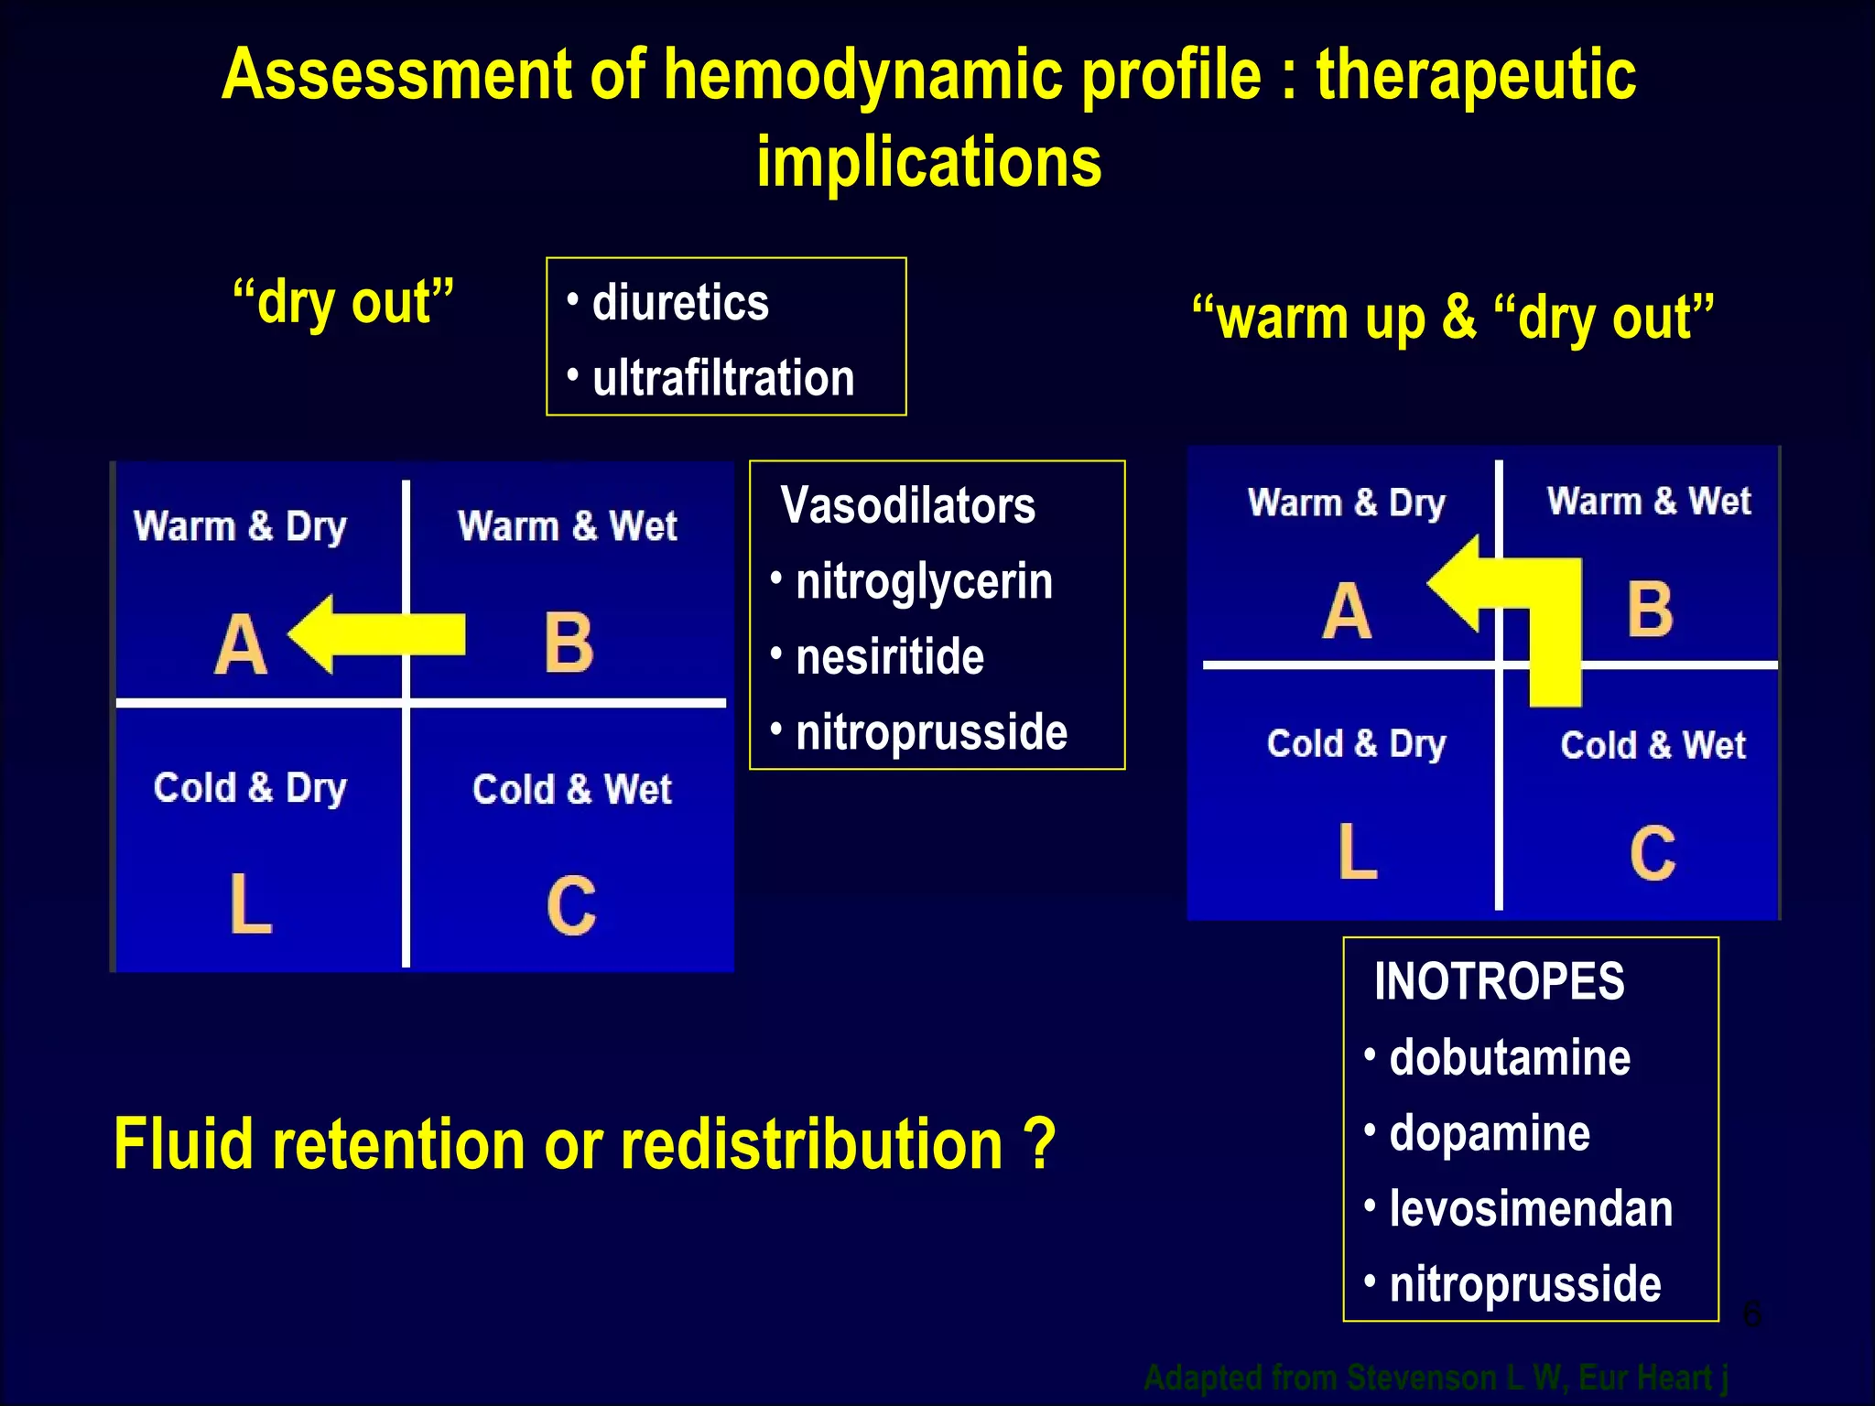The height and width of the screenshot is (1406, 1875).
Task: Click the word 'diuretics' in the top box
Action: point(680,303)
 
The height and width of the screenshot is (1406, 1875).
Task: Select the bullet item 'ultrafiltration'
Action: point(722,378)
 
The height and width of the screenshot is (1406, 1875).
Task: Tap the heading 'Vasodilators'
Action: point(907,505)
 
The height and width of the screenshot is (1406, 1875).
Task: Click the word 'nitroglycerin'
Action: point(924,582)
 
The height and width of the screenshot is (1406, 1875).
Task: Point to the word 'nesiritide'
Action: point(889,657)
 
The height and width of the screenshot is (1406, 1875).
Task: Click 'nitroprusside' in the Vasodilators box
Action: point(931,732)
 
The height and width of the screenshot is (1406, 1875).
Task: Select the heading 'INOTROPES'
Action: point(1499,981)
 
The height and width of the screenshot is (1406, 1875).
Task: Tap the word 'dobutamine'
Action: point(1510,1058)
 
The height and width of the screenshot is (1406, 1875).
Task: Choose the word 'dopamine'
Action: point(1490,1133)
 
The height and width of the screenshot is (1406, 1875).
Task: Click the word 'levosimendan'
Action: point(1531,1208)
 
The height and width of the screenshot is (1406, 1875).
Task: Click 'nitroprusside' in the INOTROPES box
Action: point(1524,1284)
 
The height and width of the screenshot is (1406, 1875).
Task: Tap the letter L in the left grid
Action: point(250,904)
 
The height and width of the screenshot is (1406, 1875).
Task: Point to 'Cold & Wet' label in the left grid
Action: point(572,789)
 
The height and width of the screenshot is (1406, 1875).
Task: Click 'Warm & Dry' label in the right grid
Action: point(1346,503)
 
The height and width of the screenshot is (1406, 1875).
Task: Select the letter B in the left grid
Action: point(569,644)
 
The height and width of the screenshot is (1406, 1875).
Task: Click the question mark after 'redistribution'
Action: point(1039,1144)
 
